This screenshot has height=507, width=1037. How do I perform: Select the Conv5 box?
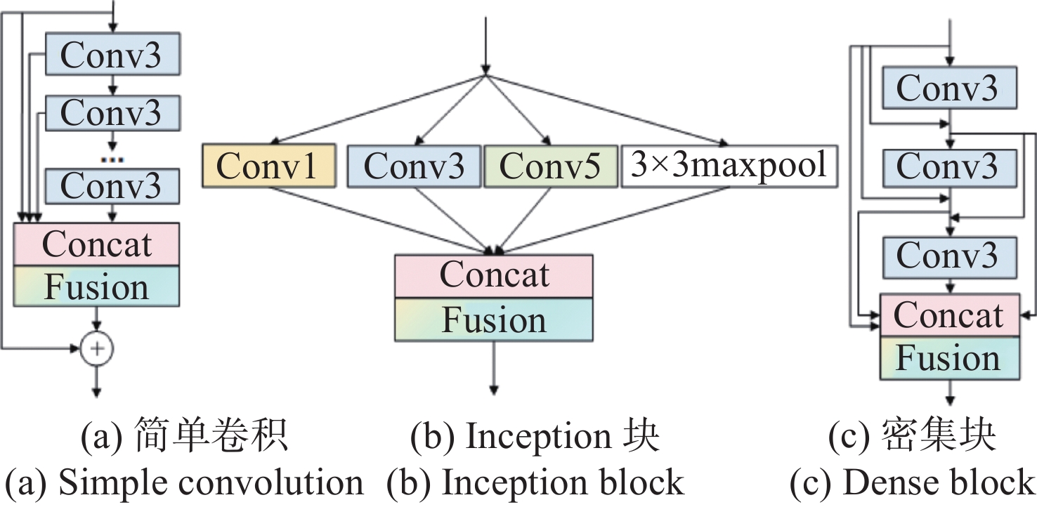coord(551,166)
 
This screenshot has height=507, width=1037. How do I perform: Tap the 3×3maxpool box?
coord(729,166)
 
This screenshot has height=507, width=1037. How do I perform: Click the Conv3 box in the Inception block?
coord(414,166)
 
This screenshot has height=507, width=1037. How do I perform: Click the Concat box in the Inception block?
coord(494,275)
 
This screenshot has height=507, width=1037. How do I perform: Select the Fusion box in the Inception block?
coord(494,320)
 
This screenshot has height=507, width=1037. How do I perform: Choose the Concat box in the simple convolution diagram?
coord(96,244)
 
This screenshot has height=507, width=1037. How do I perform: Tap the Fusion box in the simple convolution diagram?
coord(96,287)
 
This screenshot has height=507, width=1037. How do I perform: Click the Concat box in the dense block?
coord(949,315)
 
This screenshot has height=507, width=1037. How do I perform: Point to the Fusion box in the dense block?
coord(949,358)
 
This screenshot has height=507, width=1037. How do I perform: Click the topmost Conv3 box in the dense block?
coord(948,88)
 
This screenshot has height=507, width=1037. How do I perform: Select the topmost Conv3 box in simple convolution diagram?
coord(112,53)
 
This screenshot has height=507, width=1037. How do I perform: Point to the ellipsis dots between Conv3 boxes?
coord(112,159)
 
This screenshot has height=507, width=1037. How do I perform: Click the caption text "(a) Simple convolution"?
coord(184,484)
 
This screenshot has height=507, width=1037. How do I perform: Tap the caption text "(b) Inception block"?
coord(535,484)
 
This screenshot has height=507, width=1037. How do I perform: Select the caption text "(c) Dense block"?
coord(913,484)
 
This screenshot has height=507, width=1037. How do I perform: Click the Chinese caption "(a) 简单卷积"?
coord(184,438)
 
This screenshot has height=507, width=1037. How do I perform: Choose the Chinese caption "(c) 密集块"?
coord(913,438)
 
